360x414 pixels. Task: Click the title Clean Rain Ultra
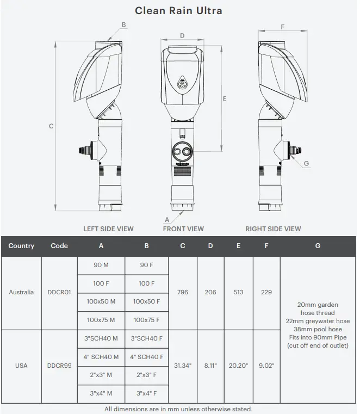pos(178,10)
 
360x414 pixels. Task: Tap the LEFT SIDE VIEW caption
pos(108,229)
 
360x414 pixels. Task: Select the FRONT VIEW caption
pos(183,229)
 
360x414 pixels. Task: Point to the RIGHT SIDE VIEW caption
pos(273,229)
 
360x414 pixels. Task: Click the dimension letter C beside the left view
pos(51,126)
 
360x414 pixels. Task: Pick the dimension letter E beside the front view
pos(225,98)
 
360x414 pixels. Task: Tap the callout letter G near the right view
pos(306,163)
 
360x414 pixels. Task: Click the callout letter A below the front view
pos(166,219)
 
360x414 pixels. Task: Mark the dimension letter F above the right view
pos(283,27)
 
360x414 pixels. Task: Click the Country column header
pos(21,246)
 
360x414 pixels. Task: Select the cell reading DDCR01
pos(59,293)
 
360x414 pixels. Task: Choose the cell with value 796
pos(183,293)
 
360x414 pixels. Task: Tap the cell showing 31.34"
pos(183,366)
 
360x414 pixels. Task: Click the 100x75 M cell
pos(101,320)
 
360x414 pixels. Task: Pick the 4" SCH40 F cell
pos(146,357)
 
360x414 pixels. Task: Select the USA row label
pos(21,366)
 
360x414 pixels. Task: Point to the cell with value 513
pos(238,293)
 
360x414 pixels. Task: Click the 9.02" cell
pos(266,366)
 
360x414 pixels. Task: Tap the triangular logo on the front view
pos(183,82)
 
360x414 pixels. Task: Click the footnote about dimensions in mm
pos(178,409)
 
